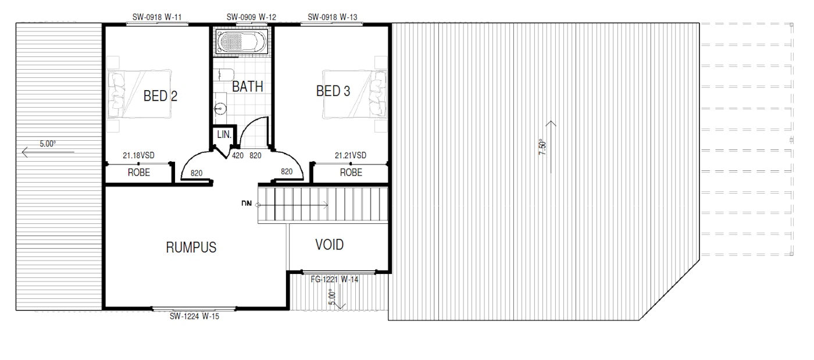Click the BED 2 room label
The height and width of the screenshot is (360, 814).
click(160, 96)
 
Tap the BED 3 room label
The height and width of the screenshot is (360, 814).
click(333, 91)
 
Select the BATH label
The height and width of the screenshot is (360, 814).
click(248, 87)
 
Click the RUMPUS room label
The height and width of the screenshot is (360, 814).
click(191, 247)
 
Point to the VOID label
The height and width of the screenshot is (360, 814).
click(329, 245)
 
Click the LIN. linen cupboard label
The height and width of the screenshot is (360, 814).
click(224, 134)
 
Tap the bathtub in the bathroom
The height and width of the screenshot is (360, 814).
click(242, 41)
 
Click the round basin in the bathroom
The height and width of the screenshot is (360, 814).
click(220, 108)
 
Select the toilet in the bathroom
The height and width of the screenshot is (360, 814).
click(223, 74)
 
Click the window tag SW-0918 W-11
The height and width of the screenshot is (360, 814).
click(157, 17)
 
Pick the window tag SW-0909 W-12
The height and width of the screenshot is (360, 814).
click(251, 17)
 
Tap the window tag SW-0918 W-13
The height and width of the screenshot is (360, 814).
click(333, 17)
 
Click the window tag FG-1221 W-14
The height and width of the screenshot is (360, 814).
click(335, 279)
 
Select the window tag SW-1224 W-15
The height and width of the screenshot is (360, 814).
click(194, 316)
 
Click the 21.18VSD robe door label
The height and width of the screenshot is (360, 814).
click(138, 156)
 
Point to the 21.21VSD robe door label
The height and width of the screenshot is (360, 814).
click(350, 156)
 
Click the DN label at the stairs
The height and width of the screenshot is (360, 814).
click(247, 204)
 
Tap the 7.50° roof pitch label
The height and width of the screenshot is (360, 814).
click(542, 147)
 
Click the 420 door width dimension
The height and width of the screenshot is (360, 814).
click(238, 156)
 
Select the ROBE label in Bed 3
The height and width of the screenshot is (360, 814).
click(351, 172)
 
